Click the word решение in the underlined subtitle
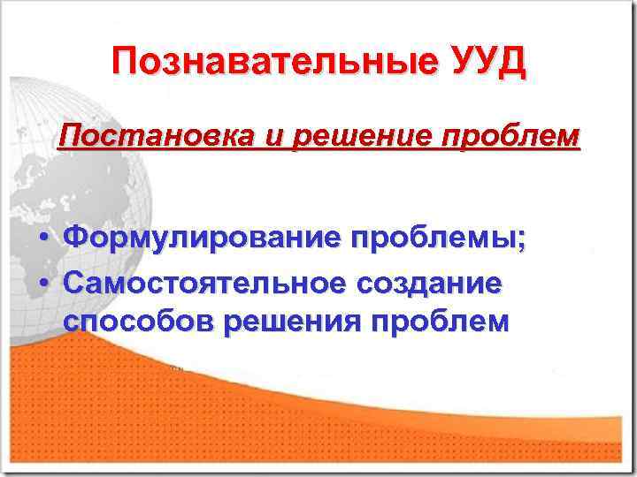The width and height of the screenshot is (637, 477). pyautogui.click(x=312, y=140)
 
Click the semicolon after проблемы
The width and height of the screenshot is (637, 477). pyautogui.click(x=520, y=241)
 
